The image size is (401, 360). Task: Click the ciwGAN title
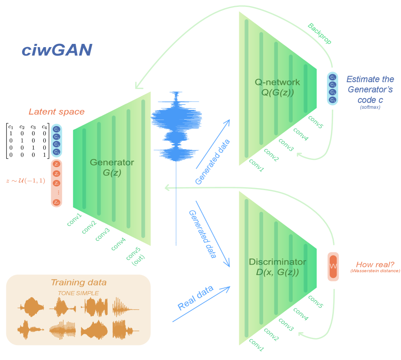(57, 50)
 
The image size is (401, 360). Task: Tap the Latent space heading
(56, 112)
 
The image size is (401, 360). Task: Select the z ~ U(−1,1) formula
(25, 181)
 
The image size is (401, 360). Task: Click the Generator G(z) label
(111, 168)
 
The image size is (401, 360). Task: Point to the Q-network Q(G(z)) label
(277, 87)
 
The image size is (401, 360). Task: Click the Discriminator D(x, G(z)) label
(277, 267)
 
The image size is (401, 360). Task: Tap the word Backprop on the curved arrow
(319, 34)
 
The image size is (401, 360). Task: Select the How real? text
(375, 265)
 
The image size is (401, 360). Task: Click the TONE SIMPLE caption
(78, 293)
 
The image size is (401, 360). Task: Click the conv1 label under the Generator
(75, 220)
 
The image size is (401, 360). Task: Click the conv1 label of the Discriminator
(257, 345)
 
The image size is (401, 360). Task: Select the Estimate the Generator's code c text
(370, 89)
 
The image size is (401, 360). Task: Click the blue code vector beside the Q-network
(332, 88)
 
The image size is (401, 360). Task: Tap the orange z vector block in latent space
(57, 183)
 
